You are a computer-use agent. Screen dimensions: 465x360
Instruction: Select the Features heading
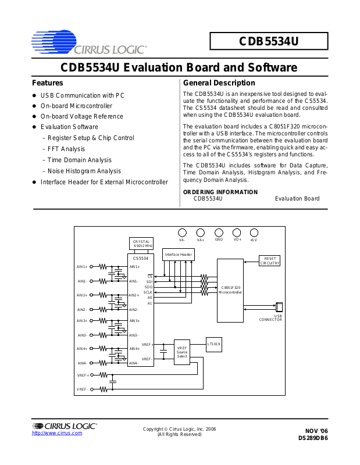click(48, 83)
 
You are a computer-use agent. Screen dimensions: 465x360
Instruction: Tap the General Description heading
click(219, 83)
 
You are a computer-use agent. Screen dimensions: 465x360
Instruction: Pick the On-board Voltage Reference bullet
click(81, 116)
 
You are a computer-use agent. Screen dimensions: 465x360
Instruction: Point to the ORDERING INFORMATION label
click(220, 192)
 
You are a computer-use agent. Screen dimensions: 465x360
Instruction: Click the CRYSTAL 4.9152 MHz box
click(141, 244)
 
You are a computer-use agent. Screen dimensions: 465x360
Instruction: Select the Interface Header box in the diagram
click(179, 255)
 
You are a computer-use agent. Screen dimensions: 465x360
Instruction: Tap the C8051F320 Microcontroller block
click(230, 290)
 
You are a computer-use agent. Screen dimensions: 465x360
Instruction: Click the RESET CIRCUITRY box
click(270, 260)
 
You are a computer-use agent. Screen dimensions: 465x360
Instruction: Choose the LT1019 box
click(214, 344)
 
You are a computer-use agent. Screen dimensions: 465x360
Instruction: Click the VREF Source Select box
click(182, 352)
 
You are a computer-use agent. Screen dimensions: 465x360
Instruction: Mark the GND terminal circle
click(219, 232)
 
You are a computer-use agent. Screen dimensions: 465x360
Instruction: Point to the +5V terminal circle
click(254, 232)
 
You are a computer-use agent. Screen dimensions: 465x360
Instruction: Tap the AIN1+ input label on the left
click(82, 267)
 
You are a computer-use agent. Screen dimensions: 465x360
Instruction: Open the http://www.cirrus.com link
click(57, 433)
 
